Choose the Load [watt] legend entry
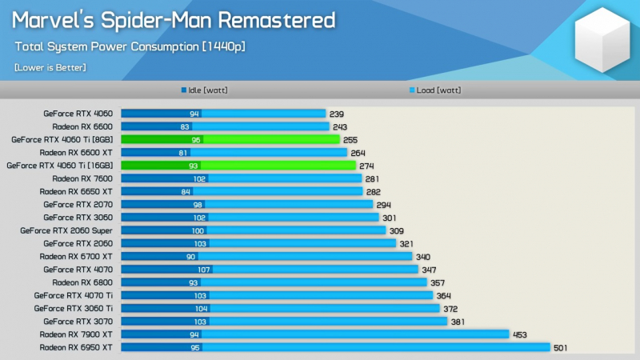coord(435,90)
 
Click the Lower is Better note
coord(50,67)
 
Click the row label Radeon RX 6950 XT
coord(76,347)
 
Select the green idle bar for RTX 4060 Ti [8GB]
coord(161,139)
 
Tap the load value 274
coord(367,166)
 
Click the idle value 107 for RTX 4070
coord(205,270)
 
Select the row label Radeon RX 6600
coord(82,126)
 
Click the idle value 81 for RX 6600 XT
coord(183,153)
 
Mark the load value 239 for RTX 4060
coord(337,114)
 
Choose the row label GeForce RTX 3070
coord(78,322)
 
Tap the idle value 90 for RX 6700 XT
coord(191,257)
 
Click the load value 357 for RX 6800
coord(438,282)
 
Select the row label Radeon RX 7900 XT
coord(76,334)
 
